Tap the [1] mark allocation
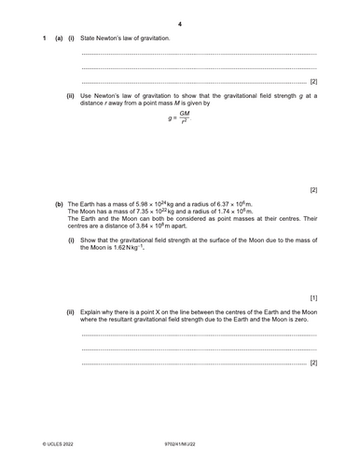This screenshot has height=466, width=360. pos(313,297)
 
